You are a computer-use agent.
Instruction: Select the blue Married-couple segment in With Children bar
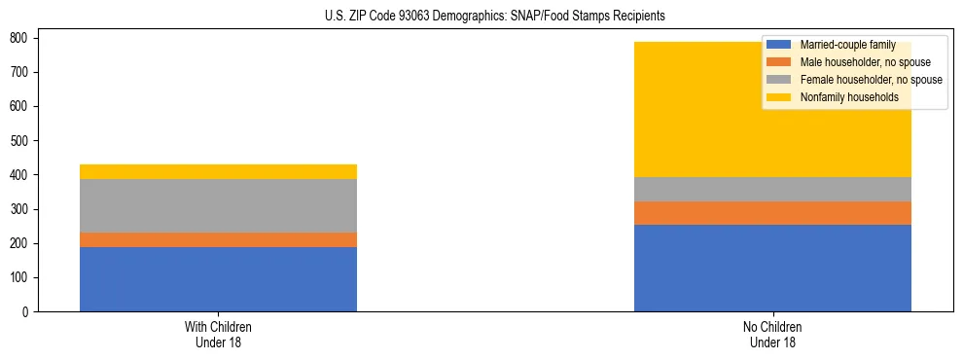(218, 279)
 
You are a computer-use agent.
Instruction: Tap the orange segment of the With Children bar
(218, 239)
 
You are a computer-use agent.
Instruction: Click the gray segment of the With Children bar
(218, 205)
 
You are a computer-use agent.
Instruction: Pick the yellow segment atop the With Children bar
(218, 171)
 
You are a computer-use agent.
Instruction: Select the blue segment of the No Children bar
(772, 268)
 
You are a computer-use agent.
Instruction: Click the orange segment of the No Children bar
(772, 213)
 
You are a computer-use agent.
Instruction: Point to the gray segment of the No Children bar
(772, 189)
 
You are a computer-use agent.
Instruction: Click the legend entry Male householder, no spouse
(865, 62)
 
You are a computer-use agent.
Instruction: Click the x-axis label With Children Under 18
(218, 334)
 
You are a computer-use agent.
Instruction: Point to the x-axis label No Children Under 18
(772, 334)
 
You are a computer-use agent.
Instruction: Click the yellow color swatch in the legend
(779, 97)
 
